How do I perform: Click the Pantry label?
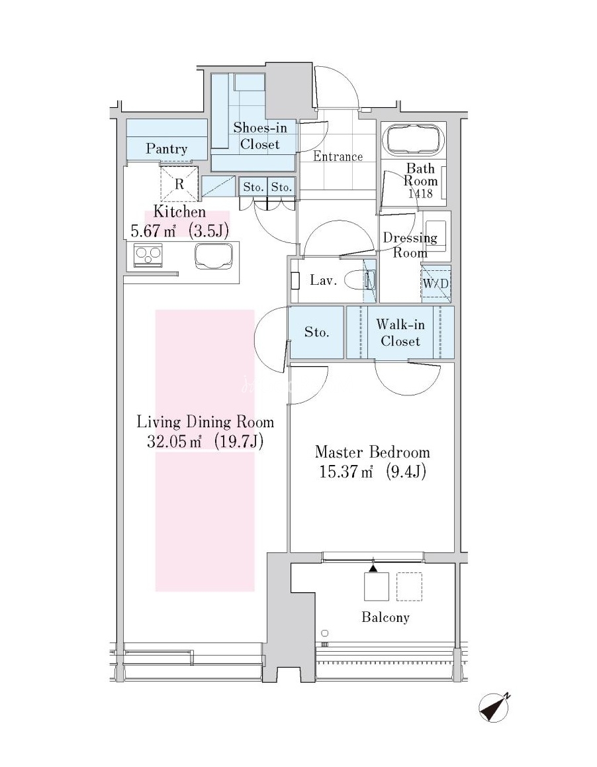point(166,149)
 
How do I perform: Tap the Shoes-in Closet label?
point(259,136)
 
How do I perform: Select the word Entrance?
point(338,156)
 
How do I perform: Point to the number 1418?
point(420,193)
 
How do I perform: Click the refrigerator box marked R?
point(179,184)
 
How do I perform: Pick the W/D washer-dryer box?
point(436,283)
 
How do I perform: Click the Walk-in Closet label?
point(400,332)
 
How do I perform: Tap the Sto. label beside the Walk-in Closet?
point(316,332)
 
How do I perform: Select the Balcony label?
point(385,618)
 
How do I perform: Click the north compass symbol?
point(494,707)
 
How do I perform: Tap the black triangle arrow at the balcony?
point(373,568)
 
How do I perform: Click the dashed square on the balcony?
point(409,586)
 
